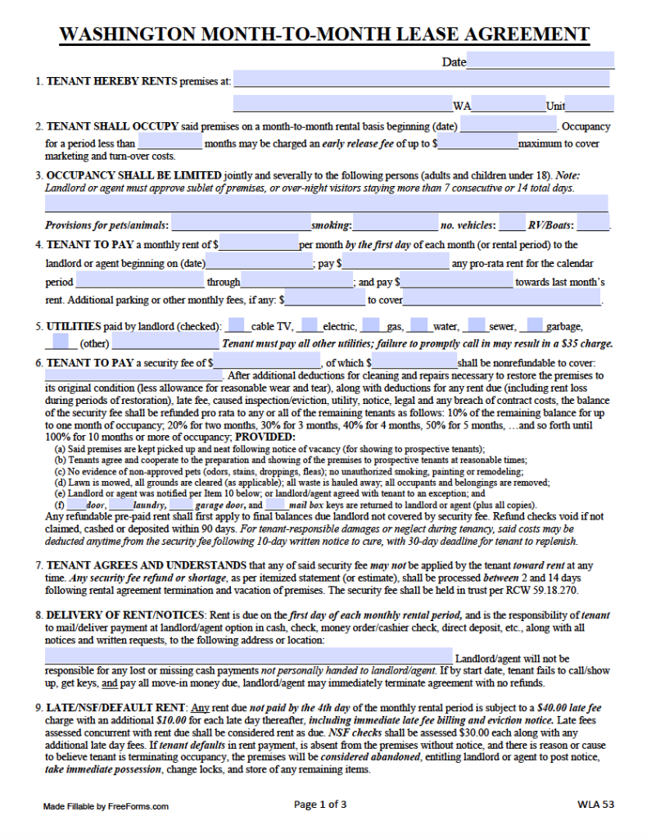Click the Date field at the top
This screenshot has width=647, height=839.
(x=541, y=61)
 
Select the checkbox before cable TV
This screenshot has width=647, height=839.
(x=236, y=325)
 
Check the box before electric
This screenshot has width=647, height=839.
(x=310, y=325)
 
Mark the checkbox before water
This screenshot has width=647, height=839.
(x=419, y=325)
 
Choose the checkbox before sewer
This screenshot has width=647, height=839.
(x=477, y=325)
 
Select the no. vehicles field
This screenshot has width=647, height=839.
(x=512, y=224)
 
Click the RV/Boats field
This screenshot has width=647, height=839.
(x=593, y=224)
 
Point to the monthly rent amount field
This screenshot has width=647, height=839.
(x=259, y=244)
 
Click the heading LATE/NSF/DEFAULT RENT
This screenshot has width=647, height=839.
(x=117, y=707)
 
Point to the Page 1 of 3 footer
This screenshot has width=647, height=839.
(x=320, y=804)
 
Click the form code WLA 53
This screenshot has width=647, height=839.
(x=595, y=805)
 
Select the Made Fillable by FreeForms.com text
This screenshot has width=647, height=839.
(x=106, y=806)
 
